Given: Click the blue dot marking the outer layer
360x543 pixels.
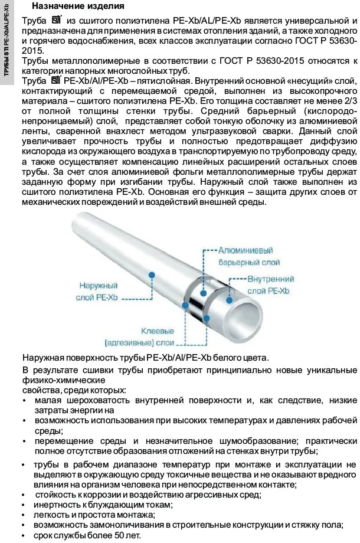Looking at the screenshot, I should coord(152,275).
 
